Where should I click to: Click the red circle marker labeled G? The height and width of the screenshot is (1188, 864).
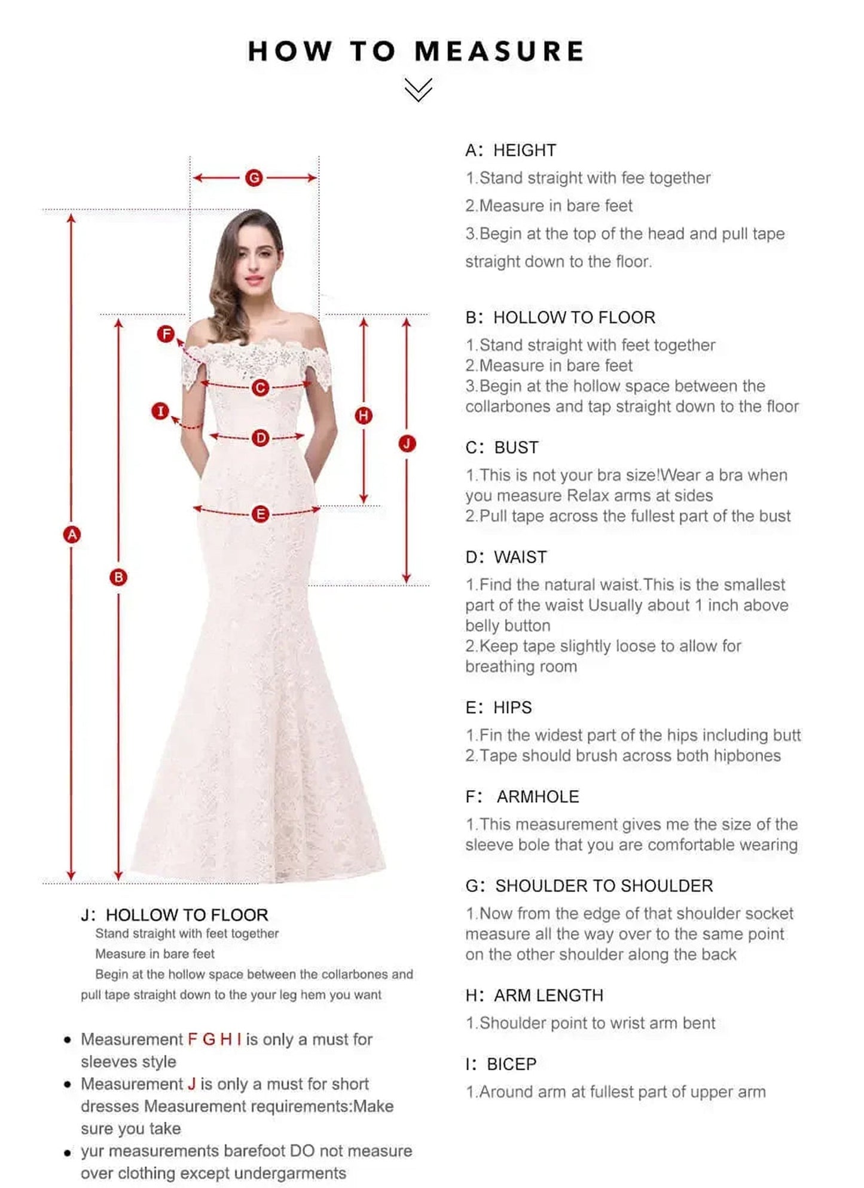point(254,177)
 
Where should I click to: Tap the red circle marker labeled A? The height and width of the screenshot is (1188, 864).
point(72,534)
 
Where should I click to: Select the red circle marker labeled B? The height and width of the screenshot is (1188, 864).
point(118,577)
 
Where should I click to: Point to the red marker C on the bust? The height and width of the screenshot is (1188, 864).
point(260,388)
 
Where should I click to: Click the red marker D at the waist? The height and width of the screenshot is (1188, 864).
point(260,438)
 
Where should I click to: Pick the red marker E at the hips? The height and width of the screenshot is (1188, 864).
point(260,514)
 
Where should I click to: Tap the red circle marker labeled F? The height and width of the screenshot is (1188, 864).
point(166,334)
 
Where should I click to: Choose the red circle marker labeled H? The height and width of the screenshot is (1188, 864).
point(364,415)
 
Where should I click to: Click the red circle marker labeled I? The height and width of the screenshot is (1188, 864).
point(160,411)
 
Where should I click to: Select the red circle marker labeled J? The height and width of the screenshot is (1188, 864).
point(407,443)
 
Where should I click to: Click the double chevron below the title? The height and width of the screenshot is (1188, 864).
point(418,90)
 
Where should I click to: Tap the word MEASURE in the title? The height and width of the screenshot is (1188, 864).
point(499,51)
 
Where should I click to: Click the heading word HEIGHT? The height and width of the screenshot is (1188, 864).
point(524,150)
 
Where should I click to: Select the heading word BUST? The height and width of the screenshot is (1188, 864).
point(516,447)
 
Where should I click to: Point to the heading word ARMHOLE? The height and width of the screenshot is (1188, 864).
point(538,797)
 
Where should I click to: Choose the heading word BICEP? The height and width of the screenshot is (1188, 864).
point(511,1064)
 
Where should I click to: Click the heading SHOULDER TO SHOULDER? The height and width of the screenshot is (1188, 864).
point(604,886)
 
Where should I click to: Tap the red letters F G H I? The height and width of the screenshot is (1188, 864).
point(215,1039)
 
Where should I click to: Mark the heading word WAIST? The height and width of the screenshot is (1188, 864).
point(520,557)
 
